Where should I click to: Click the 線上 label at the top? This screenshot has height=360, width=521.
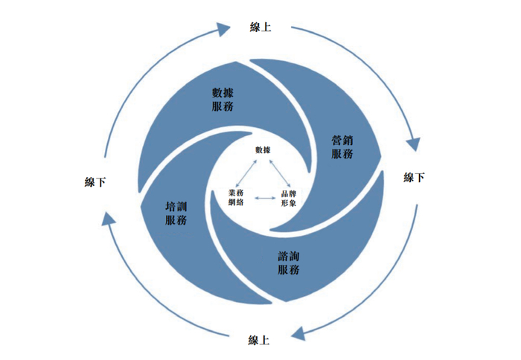tap(260, 27)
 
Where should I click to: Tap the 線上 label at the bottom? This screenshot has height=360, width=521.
tap(258, 341)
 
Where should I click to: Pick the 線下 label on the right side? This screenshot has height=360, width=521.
tap(415, 177)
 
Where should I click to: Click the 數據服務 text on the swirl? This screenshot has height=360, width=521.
tap(223, 100)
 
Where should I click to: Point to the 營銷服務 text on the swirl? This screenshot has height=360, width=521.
tap(342, 147)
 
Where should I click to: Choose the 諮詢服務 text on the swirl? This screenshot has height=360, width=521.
tap(287, 262)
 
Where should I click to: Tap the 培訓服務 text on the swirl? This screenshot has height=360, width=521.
tap(176, 213)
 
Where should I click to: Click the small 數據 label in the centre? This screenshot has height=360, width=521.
tap(263, 150)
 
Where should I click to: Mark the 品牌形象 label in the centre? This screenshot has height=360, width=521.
tap(288, 198)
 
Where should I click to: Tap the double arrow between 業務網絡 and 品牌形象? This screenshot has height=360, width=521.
tap(263, 199)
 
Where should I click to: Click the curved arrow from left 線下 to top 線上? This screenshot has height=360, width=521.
tap(149, 67)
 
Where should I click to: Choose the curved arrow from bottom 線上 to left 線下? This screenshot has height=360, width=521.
tap(149, 294)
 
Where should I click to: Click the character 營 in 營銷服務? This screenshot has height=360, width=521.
tap(336, 140)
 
